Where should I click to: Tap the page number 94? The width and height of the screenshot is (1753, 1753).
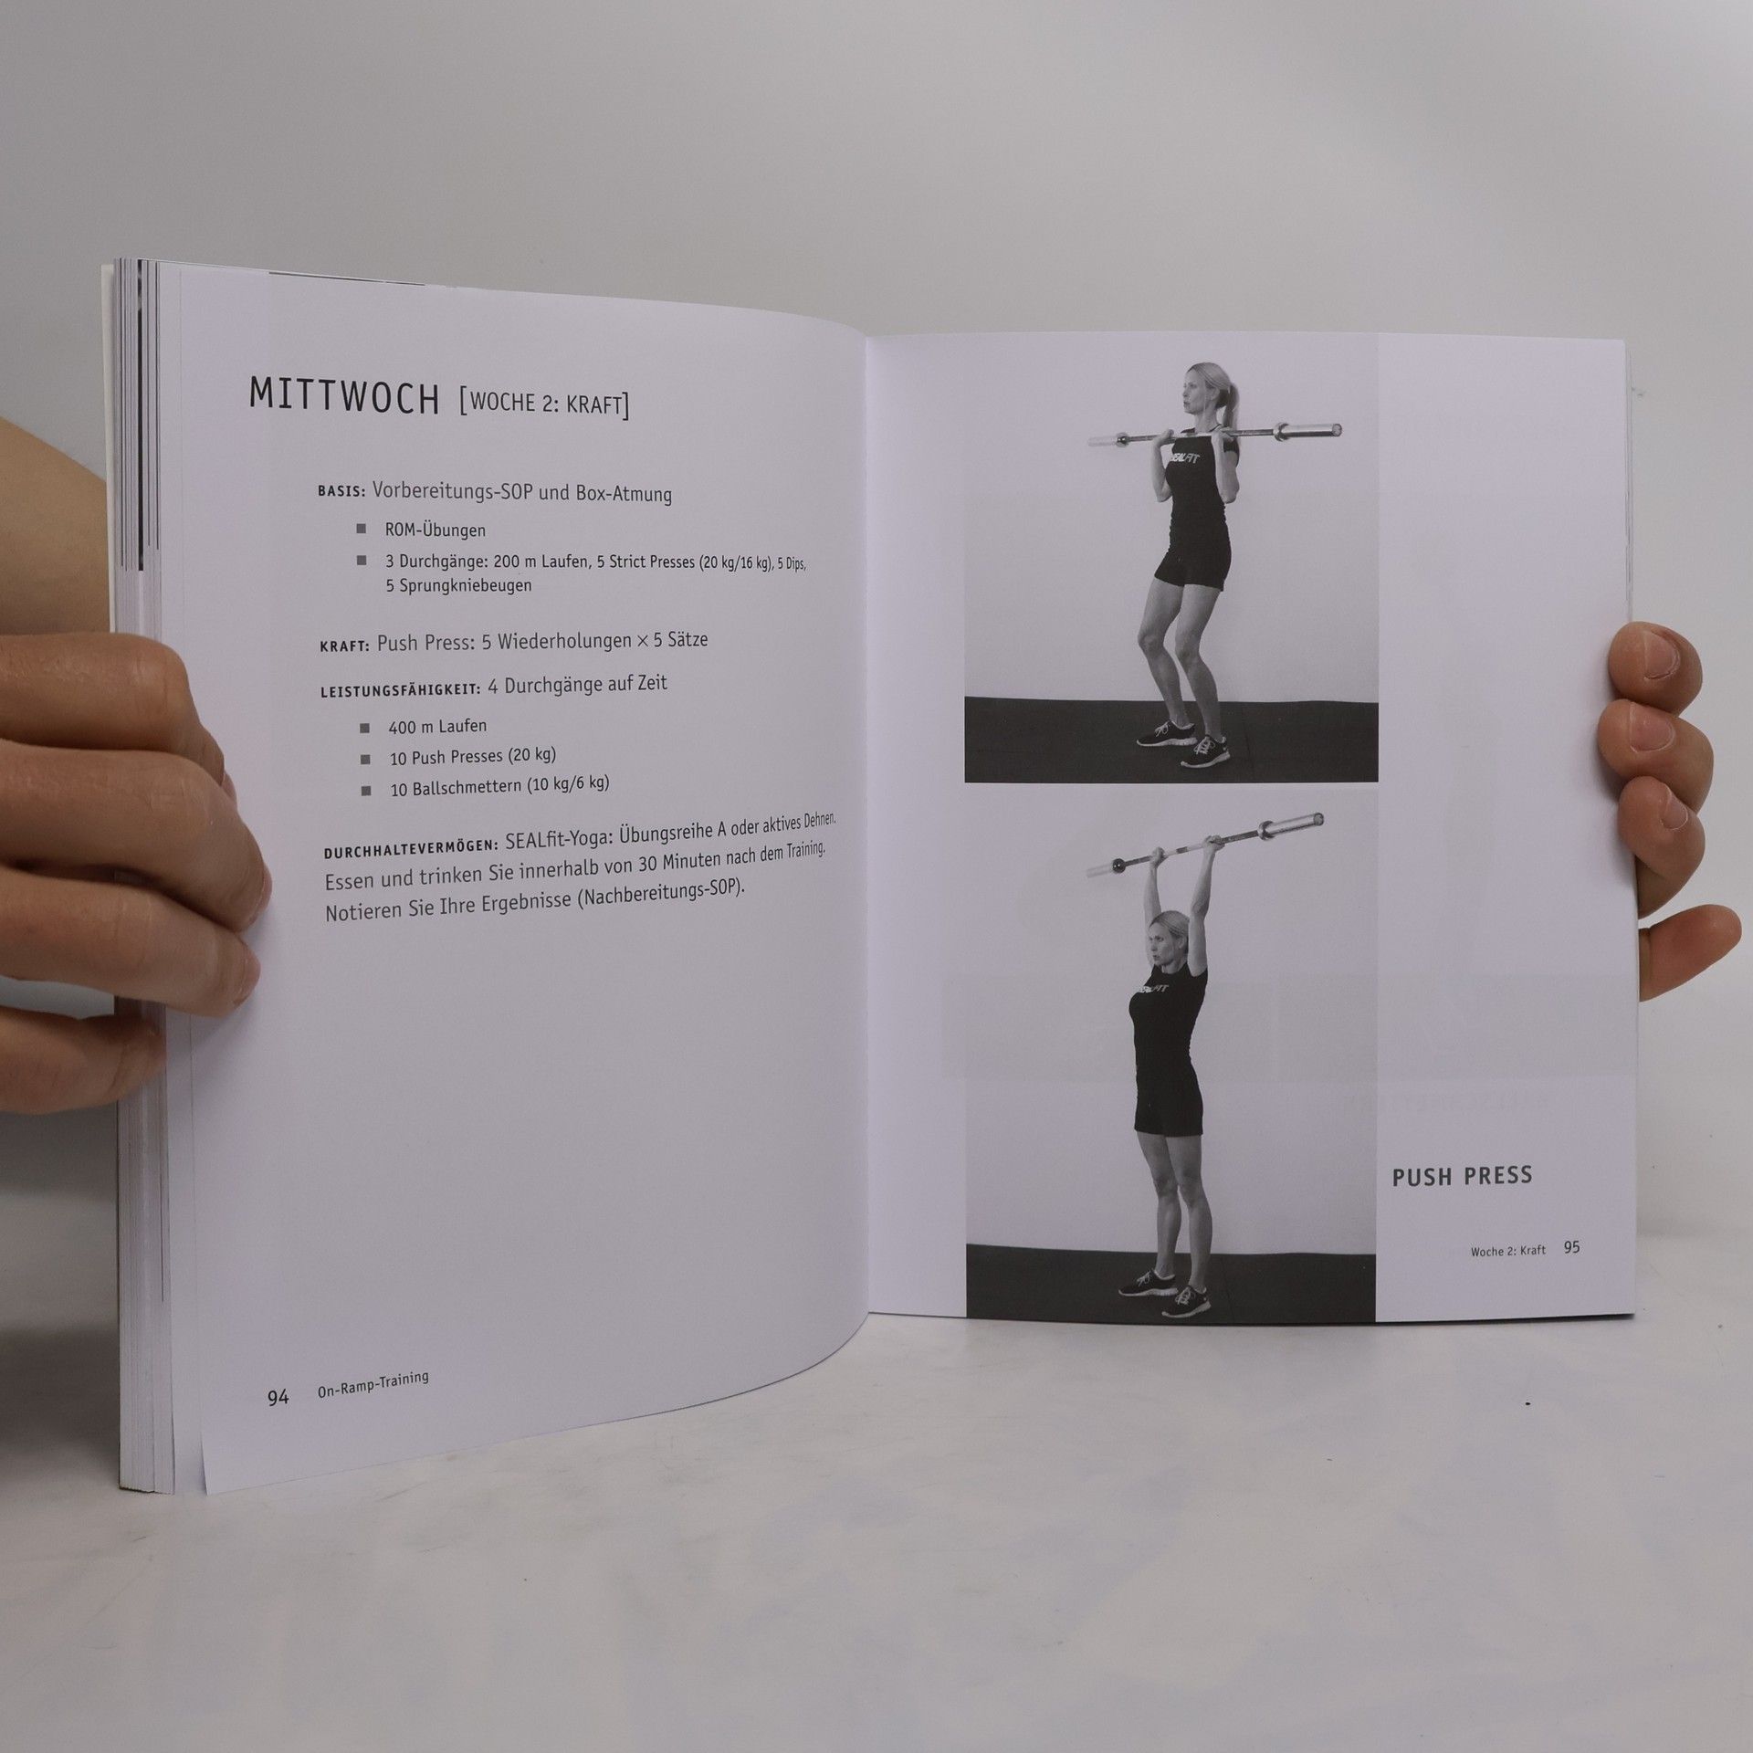tap(278, 1422)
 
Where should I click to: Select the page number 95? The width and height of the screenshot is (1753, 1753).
tap(1571, 1246)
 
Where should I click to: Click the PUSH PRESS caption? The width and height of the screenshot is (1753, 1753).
tap(1462, 1176)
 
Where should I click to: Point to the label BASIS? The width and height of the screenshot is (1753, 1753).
tap(341, 491)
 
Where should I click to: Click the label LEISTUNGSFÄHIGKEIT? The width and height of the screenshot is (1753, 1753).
tap(400, 688)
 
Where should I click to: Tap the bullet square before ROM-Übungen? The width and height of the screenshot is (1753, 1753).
tap(362, 529)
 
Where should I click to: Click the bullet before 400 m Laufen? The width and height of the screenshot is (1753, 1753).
tap(365, 729)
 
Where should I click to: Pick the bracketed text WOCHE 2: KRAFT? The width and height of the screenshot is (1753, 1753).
tap(544, 402)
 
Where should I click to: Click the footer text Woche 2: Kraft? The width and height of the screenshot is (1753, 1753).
tap(1508, 1250)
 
